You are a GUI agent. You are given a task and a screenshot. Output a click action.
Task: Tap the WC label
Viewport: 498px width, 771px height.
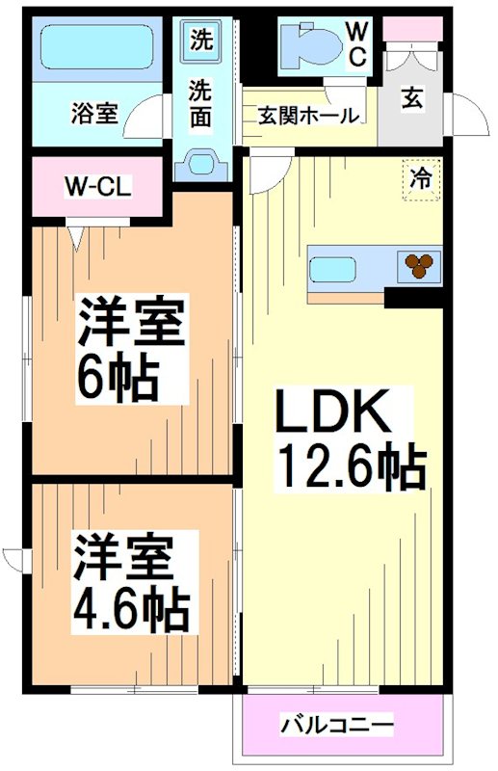click(356, 43)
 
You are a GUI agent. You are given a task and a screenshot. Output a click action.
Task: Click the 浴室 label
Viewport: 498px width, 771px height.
click(94, 113)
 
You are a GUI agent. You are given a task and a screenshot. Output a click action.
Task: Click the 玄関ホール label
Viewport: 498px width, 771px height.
click(308, 116)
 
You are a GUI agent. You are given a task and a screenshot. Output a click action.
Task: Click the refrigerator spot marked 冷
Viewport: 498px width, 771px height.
click(421, 179)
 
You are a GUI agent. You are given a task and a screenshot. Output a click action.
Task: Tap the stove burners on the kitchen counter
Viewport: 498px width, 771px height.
click(420, 264)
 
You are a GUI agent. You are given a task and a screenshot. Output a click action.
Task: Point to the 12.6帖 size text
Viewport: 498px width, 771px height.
click(351, 467)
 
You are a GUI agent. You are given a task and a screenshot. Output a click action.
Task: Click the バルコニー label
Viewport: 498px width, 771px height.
click(336, 724)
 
